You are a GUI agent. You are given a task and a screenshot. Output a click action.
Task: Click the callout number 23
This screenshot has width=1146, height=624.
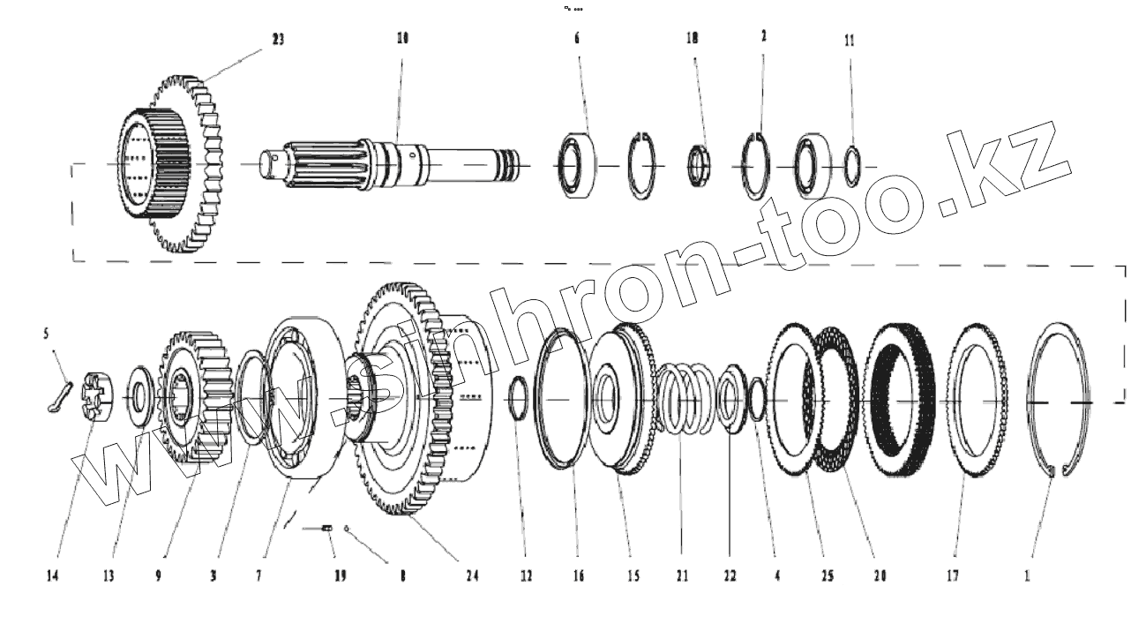[x=277, y=39]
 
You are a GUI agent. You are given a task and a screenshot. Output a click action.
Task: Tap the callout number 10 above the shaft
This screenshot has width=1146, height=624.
[x=402, y=39]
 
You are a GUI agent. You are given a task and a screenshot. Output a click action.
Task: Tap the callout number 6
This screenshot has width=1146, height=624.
[x=578, y=40]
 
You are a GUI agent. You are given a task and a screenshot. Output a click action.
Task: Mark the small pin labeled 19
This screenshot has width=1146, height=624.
[x=326, y=528]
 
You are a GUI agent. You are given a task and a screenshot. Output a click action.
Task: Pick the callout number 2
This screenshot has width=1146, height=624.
[x=763, y=36]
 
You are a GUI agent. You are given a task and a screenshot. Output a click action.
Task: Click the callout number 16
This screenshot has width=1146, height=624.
[x=578, y=576]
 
